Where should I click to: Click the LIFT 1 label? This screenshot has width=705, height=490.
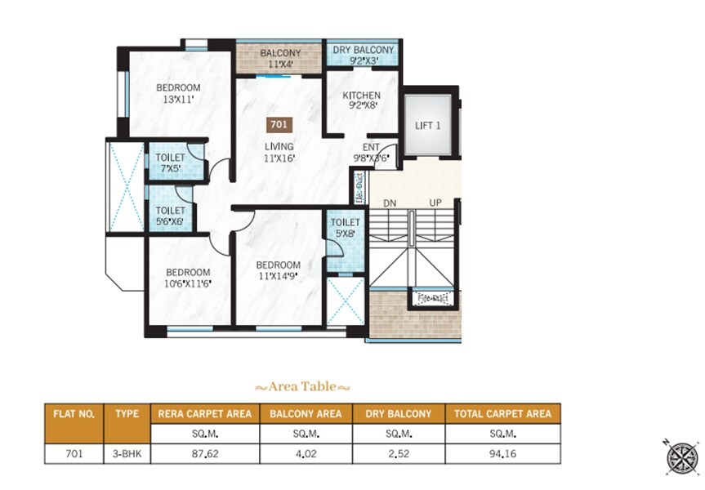pyautogui.click(x=428, y=126)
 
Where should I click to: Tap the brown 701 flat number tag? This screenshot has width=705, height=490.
pyautogui.click(x=278, y=125)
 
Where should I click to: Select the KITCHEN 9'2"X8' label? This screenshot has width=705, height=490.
pyautogui.click(x=361, y=100)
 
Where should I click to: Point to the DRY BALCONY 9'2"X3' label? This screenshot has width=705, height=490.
pyautogui.click(x=364, y=55)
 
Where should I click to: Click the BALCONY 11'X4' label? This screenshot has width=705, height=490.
pyautogui.click(x=280, y=59)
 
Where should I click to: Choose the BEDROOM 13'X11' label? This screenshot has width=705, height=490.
pyautogui.click(x=178, y=93)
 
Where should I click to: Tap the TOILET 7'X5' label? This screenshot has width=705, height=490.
pyautogui.click(x=170, y=163)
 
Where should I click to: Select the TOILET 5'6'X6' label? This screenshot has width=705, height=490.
pyautogui.click(x=170, y=216)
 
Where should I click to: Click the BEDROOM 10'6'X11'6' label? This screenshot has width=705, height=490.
pyautogui.click(x=188, y=278)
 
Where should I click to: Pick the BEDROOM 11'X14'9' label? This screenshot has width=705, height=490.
pyautogui.click(x=278, y=270)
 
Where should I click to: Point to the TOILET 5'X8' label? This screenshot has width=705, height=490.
pyautogui.click(x=346, y=227)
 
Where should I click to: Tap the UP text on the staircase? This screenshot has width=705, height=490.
pyautogui.click(x=435, y=202)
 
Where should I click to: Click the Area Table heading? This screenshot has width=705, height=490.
pyautogui.click(x=302, y=386)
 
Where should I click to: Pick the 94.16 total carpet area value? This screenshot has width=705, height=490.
pyautogui.click(x=502, y=453)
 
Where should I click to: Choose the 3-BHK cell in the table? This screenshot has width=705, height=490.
pyautogui.click(x=127, y=453)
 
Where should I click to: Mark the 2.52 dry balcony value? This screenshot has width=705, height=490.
pyautogui.click(x=399, y=453)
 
